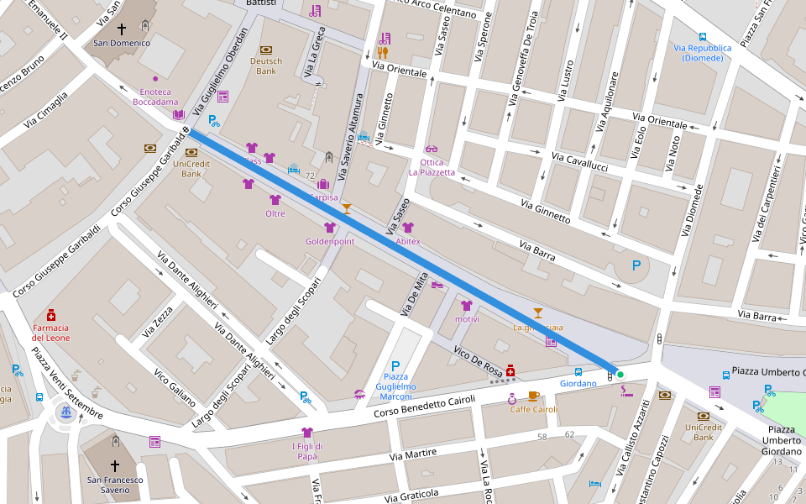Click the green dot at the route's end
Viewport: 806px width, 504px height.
(620, 374)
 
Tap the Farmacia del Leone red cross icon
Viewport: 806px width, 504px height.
(51, 314)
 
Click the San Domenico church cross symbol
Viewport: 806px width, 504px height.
(122, 29)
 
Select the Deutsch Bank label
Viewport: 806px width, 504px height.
(266, 66)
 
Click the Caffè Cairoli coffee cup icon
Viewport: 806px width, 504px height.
(533, 396)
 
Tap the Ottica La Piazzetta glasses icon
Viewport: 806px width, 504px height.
(432, 150)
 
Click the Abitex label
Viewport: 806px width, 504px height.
(407, 241)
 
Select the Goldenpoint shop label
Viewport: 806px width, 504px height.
(330, 241)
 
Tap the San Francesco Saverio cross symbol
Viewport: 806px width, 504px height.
(115, 465)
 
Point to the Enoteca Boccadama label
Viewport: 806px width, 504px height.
(155, 97)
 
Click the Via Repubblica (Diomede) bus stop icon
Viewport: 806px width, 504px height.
(702, 37)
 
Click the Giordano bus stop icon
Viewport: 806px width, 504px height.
(578, 371)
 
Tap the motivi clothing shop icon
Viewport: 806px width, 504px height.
(466, 306)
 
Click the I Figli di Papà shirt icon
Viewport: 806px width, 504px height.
(306, 433)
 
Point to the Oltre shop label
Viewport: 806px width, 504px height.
(275, 213)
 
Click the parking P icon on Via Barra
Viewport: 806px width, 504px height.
(636, 265)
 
